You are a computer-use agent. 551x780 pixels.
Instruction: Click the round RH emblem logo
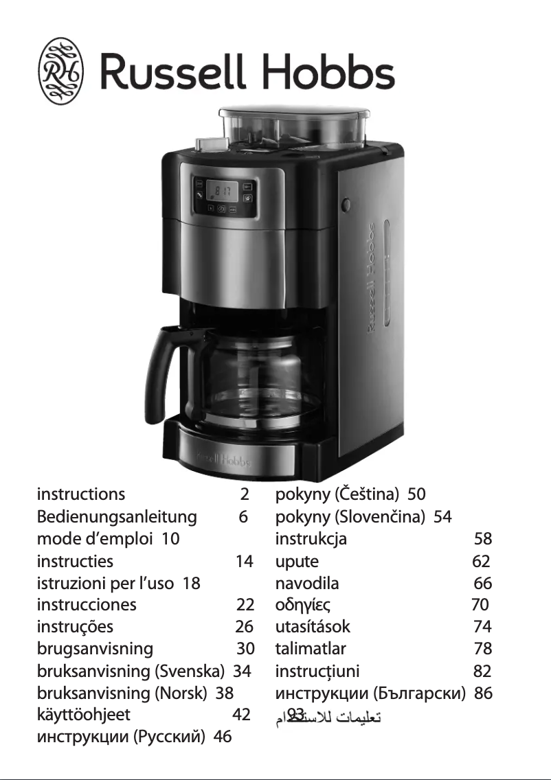point(61,71)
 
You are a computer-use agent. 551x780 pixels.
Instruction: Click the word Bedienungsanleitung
point(117,516)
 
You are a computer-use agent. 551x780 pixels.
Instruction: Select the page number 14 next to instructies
point(244,561)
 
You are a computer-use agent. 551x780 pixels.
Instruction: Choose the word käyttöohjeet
point(83,715)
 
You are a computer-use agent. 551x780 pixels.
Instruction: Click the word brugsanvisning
point(95,649)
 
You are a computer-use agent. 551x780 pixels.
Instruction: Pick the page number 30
point(245,649)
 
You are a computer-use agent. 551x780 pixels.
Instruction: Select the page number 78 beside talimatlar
point(482,649)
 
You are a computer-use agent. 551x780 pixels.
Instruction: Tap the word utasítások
point(313,627)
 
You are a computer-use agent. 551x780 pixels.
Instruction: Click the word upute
point(297,561)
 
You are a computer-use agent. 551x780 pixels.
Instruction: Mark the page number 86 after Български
point(483,693)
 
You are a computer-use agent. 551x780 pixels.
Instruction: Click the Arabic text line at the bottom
point(328,718)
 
